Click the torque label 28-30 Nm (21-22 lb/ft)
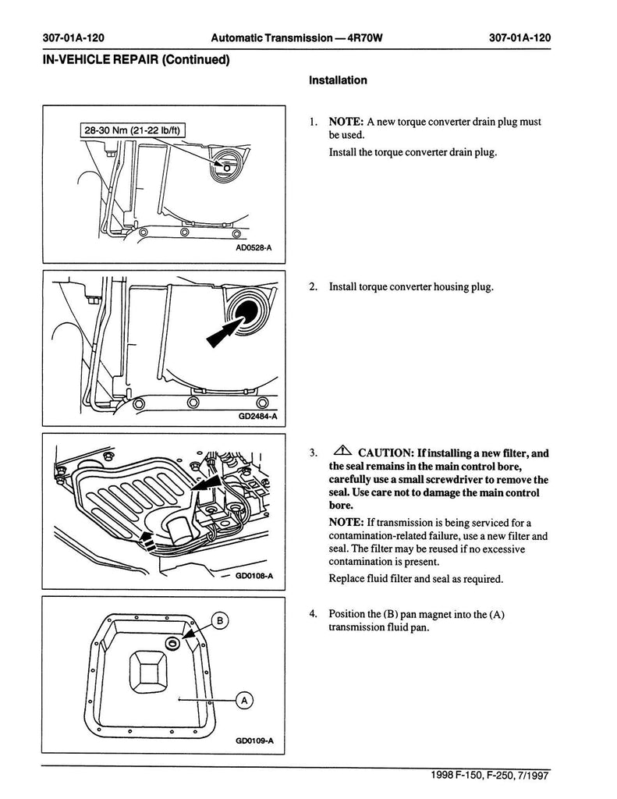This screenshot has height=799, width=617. pyautogui.click(x=132, y=130)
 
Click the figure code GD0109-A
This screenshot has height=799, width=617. pyautogui.click(x=254, y=740)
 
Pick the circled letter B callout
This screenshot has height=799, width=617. pyautogui.click(x=220, y=621)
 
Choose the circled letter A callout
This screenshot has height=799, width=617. pyautogui.click(x=243, y=701)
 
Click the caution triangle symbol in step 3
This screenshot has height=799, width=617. pyautogui.click(x=342, y=452)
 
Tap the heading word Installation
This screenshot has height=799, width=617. pyautogui.click(x=338, y=80)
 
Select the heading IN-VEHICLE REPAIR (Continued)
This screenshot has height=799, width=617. pyautogui.click(x=136, y=59)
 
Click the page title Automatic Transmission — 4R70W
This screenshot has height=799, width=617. pyautogui.click(x=296, y=37)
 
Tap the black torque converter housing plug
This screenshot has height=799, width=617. pyautogui.click(x=250, y=311)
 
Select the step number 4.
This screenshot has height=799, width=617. pyautogui.click(x=312, y=613)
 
